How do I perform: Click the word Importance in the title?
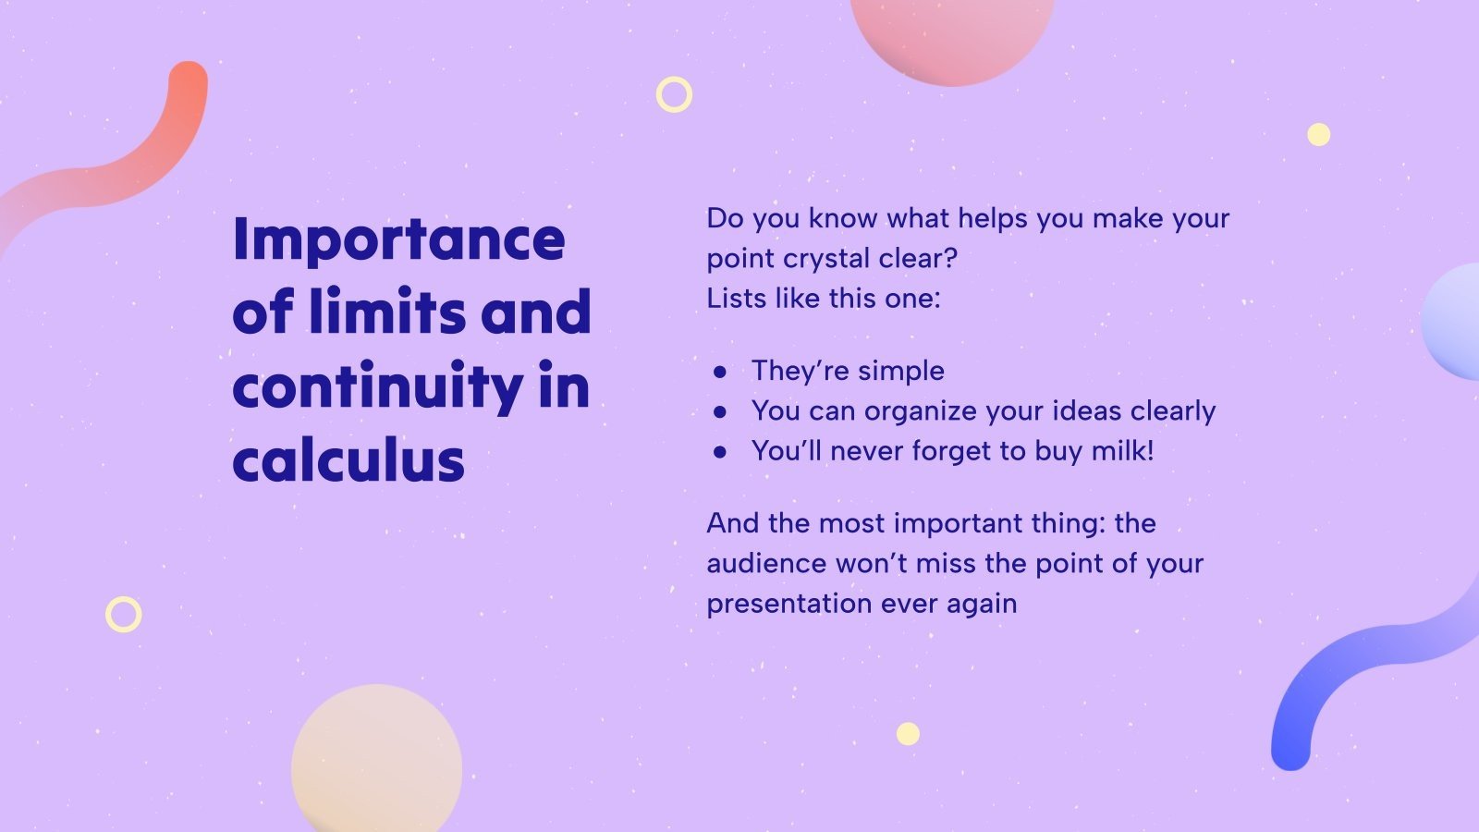tap(398, 240)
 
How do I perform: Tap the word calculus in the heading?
tap(348, 460)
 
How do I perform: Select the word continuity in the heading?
tap(377, 388)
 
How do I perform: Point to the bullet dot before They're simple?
tap(720, 372)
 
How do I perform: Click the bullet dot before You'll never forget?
tap(720, 452)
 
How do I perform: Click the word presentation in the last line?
tap(788, 604)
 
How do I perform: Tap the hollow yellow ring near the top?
tap(674, 94)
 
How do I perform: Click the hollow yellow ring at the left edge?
tap(123, 614)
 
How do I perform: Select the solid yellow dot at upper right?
tap(1318, 135)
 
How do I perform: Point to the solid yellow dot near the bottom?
tap(908, 734)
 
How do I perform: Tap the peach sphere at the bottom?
tap(377, 763)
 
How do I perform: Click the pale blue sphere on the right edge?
tap(1454, 322)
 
